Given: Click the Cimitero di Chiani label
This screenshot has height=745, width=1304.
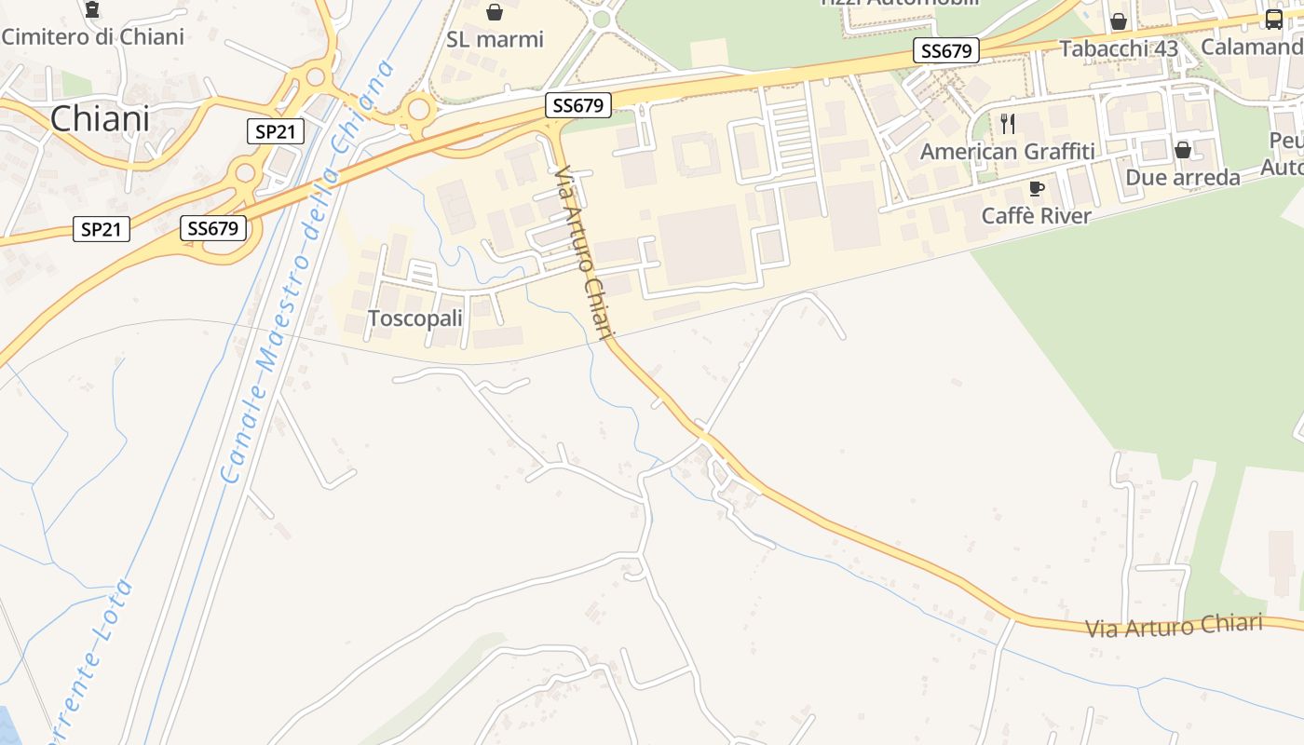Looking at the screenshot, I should tap(93, 36).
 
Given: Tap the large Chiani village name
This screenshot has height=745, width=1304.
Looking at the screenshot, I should tap(100, 119).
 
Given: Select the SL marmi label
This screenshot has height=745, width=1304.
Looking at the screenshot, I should tap(495, 39).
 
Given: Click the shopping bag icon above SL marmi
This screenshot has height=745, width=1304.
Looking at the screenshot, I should tap(495, 12).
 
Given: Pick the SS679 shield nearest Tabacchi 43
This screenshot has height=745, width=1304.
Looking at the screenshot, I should tap(946, 51).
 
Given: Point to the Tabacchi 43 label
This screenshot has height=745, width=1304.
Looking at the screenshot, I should tap(1119, 48).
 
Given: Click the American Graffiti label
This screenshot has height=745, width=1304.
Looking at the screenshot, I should tap(1008, 151).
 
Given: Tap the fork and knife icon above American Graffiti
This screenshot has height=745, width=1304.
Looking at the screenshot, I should tap(1008, 123).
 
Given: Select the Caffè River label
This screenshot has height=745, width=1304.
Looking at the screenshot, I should tap(1037, 216).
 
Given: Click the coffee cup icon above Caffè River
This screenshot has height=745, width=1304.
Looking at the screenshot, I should tap(1037, 189).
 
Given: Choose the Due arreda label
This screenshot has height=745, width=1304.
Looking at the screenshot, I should tap(1183, 177).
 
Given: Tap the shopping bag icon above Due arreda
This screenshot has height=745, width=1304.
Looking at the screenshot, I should tap(1183, 150).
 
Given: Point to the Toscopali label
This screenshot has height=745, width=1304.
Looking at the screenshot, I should tap(415, 318).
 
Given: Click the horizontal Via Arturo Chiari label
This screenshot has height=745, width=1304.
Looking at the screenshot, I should tap(1174, 626).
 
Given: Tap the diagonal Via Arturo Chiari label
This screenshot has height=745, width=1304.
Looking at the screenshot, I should tap(584, 253).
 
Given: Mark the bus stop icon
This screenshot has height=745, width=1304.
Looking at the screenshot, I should tap(1273, 19).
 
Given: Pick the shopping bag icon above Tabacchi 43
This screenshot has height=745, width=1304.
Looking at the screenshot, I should tap(1119, 21).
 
